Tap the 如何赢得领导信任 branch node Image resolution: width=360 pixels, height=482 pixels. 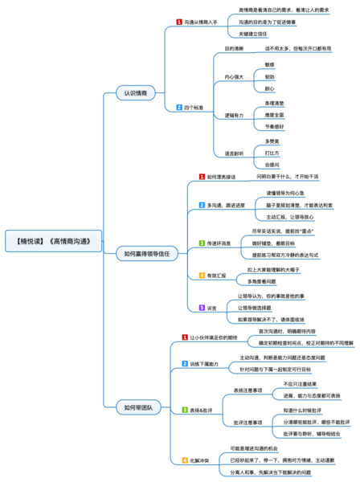(146, 254)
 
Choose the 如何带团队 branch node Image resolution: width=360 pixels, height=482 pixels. (133, 408)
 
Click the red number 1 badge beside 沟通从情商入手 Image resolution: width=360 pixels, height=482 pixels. (178, 22)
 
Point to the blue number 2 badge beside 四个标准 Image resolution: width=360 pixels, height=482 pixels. (178, 107)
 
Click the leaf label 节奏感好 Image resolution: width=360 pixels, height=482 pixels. (276, 127)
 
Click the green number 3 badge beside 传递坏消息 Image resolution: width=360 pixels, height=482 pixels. (202, 243)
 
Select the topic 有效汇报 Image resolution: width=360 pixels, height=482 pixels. (218, 276)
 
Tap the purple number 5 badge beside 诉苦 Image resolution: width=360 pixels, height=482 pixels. (202, 308)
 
